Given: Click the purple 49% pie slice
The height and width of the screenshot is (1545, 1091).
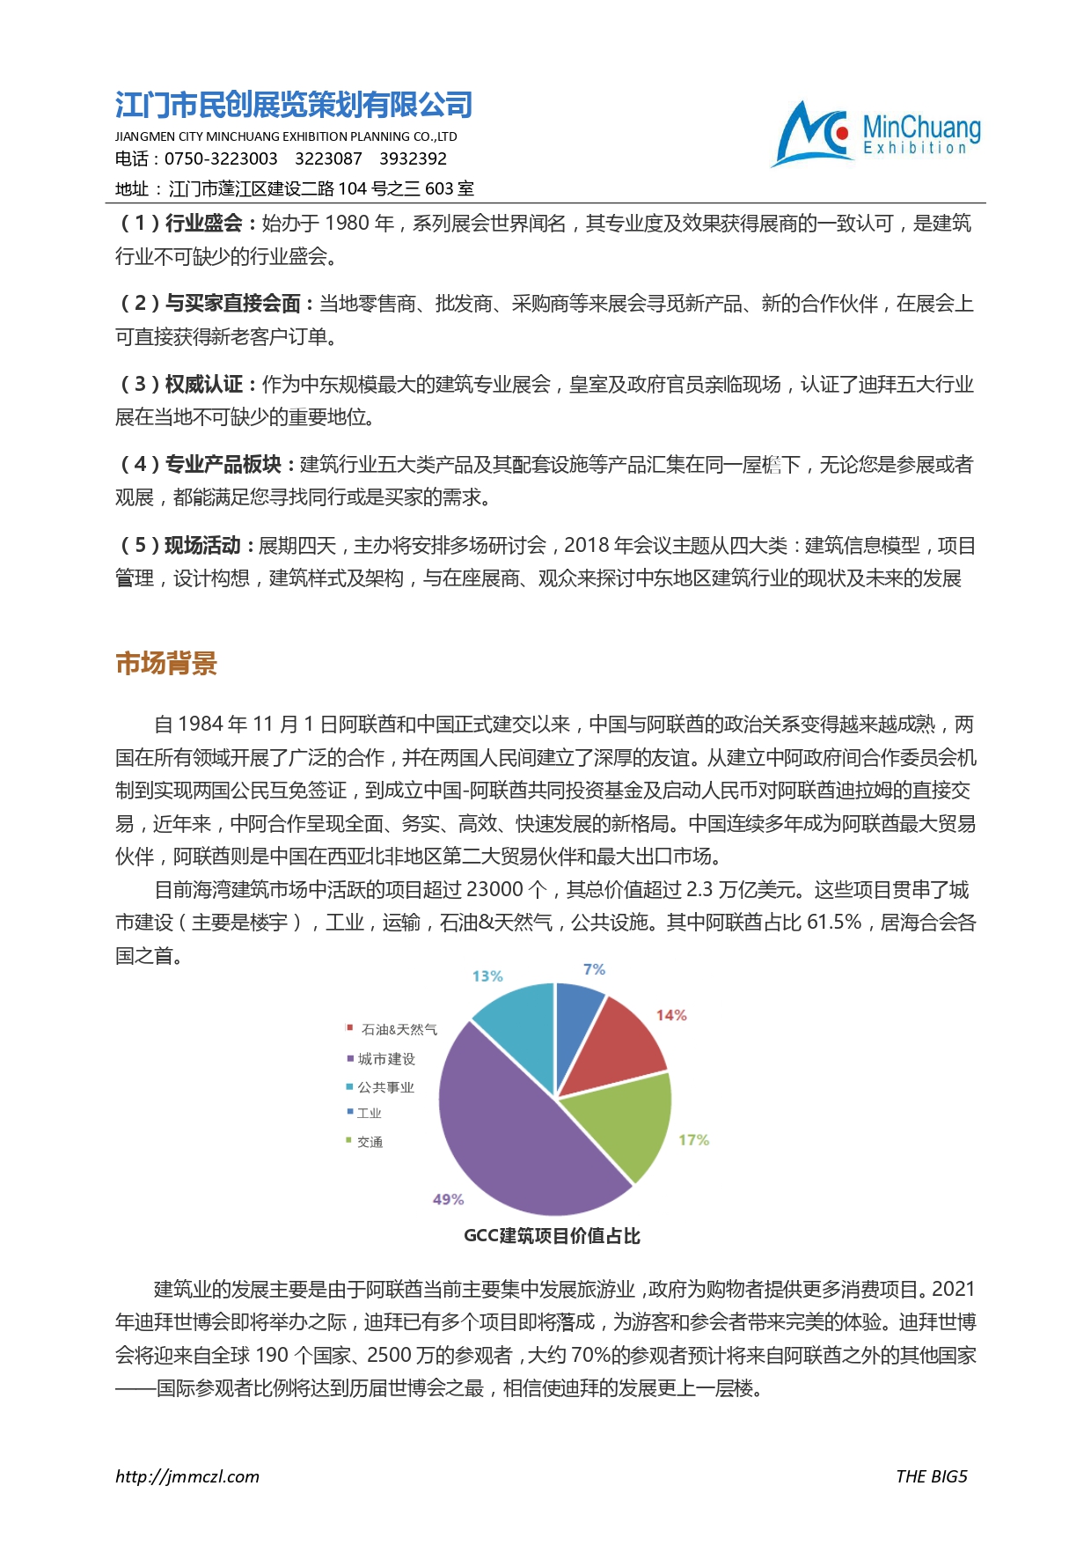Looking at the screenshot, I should [510, 1136].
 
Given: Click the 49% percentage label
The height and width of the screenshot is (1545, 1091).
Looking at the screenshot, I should [448, 1199].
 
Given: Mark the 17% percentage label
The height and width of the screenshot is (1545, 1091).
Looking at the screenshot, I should [693, 1140].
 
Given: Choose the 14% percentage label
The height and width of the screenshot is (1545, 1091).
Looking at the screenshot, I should [671, 1015].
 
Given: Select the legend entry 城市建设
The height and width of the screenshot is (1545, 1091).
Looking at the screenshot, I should [386, 1058].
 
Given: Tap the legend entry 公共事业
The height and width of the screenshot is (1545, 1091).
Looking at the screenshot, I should [385, 1087].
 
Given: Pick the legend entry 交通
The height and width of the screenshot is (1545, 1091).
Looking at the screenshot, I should [370, 1142].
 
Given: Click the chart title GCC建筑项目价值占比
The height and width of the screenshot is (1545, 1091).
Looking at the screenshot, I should [552, 1236].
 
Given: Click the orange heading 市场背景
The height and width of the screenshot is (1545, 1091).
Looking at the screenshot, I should [166, 664].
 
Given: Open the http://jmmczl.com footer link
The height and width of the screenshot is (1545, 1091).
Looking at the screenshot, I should [187, 1476].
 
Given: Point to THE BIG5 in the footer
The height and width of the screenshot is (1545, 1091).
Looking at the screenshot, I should [931, 1476].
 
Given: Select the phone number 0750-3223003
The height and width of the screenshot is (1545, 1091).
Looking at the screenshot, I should [221, 158].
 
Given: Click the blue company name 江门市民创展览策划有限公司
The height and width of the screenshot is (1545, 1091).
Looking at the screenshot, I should [294, 105].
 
